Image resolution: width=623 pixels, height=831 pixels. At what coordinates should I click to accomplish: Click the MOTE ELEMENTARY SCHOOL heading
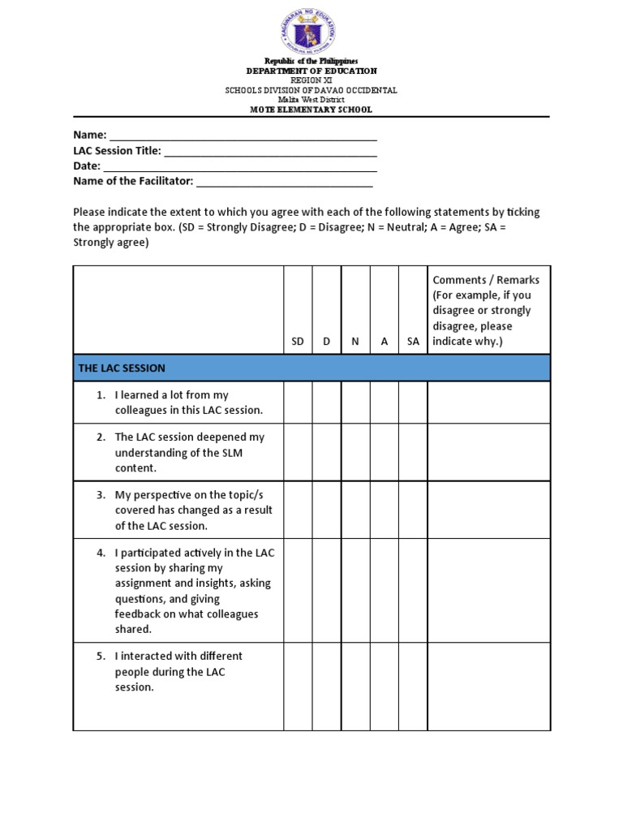point(311,110)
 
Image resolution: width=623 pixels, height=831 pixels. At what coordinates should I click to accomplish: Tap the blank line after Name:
point(243,136)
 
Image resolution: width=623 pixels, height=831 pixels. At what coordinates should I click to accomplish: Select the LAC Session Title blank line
point(271,152)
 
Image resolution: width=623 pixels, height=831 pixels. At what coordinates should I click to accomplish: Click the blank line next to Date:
point(240,167)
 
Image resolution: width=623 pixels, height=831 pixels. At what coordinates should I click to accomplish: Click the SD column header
point(298,342)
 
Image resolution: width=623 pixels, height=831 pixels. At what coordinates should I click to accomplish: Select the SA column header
point(413,342)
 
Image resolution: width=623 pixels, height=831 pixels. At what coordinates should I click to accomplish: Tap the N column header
point(355,342)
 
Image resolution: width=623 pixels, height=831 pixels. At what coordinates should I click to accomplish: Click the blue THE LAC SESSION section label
point(122,368)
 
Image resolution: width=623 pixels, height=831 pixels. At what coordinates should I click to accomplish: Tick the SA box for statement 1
point(413,403)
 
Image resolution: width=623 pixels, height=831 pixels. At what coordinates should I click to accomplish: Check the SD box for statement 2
point(298,452)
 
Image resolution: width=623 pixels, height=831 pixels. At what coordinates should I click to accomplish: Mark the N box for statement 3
point(355,510)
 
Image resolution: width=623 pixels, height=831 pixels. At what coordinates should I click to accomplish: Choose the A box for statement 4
point(385,590)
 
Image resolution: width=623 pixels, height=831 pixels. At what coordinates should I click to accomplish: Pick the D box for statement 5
point(327,687)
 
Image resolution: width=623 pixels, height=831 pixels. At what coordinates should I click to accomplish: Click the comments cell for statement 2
point(488,452)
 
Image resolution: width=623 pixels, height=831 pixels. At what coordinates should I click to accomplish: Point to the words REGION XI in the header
point(311,80)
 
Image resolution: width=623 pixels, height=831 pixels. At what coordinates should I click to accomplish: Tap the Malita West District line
point(311,100)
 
